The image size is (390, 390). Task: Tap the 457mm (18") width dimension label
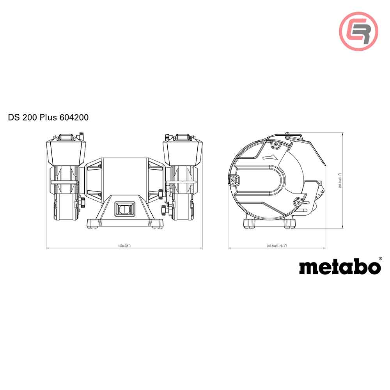click(x=124, y=246)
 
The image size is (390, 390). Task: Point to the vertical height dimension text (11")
click(x=340, y=181)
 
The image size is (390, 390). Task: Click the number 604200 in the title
click(x=74, y=117)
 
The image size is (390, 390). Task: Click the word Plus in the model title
click(x=48, y=117)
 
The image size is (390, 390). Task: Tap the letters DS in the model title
click(x=13, y=117)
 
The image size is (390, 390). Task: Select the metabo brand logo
click(x=340, y=267)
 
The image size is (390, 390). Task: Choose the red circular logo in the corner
click(x=358, y=30)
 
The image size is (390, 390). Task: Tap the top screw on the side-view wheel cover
click(x=276, y=144)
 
